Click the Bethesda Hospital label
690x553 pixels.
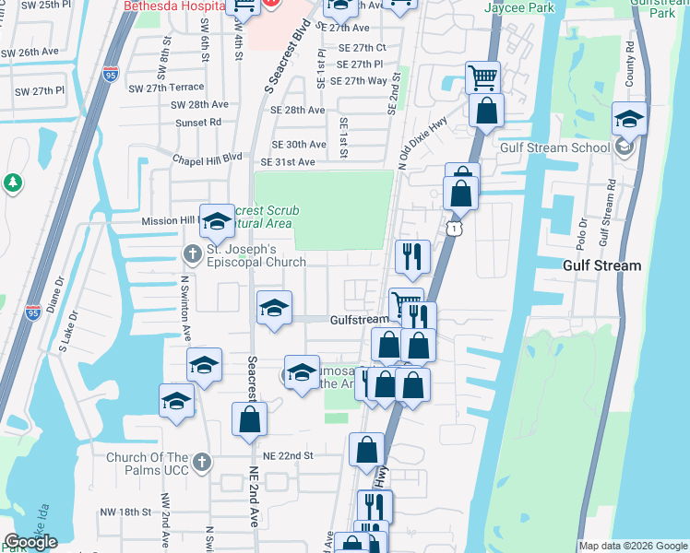pos(175,6)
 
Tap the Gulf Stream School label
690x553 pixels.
pos(554,147)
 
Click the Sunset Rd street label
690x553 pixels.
pos(202,121)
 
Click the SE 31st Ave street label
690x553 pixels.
pos(288,162)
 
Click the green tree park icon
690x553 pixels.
pos(13,183)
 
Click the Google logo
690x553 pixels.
pos(30,542)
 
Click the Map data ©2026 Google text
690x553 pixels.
pos(633,546)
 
